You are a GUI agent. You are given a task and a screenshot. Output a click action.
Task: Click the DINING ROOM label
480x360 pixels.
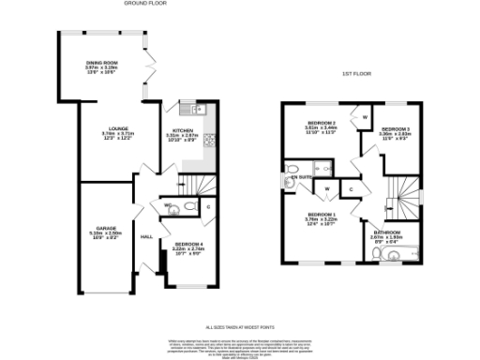point(102,64)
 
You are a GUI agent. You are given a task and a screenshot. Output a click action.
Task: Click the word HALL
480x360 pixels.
point(147,236)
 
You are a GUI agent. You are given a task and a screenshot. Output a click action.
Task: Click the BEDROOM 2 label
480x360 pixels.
point(322,123)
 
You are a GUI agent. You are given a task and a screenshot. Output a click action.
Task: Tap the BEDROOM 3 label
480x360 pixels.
point(396,128)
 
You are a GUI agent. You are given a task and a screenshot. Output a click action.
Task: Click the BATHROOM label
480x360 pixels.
point(386,232)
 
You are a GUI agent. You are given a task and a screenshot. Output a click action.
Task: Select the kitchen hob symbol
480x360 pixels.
point(210,142)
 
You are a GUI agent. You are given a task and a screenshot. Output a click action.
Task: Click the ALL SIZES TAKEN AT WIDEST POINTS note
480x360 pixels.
point(240,324)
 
